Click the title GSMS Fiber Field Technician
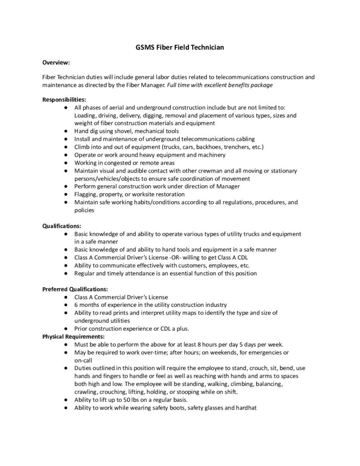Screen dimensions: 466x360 [180, 46]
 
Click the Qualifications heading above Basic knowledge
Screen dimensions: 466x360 [62, 226]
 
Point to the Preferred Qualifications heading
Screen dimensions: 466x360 [75, 289]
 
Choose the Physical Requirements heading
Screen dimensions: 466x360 [73, 336]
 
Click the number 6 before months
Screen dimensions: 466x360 [76, 304]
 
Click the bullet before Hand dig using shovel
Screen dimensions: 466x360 [66, 131]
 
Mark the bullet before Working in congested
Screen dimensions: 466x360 [66, 163]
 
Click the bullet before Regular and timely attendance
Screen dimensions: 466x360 [66, 274]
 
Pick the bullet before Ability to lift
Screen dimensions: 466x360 [66, 400]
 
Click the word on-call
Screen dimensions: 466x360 [84, 360]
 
